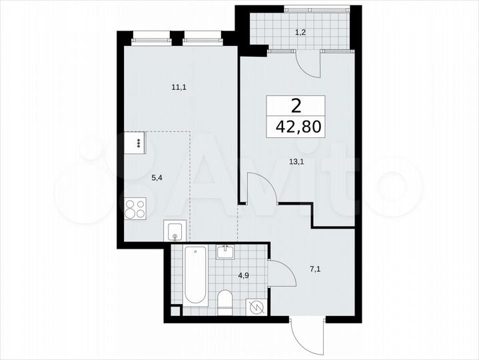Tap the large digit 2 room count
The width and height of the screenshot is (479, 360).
(x=296, y=105)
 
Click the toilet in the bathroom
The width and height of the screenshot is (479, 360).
(x=225, y=301)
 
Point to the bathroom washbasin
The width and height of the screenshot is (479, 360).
(x=225, y=252)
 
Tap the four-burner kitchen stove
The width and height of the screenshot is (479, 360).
(x=135, y=208)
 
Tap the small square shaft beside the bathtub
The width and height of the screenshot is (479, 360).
(x=175, y=309)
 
